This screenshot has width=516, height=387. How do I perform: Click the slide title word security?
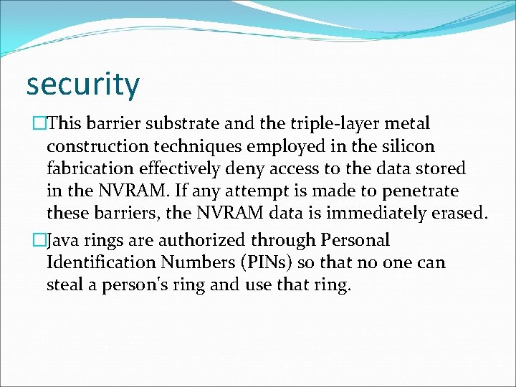tap(82, 85)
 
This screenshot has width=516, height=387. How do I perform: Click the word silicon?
tap(408, 147)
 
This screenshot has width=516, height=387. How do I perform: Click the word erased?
tap(459, 214)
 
